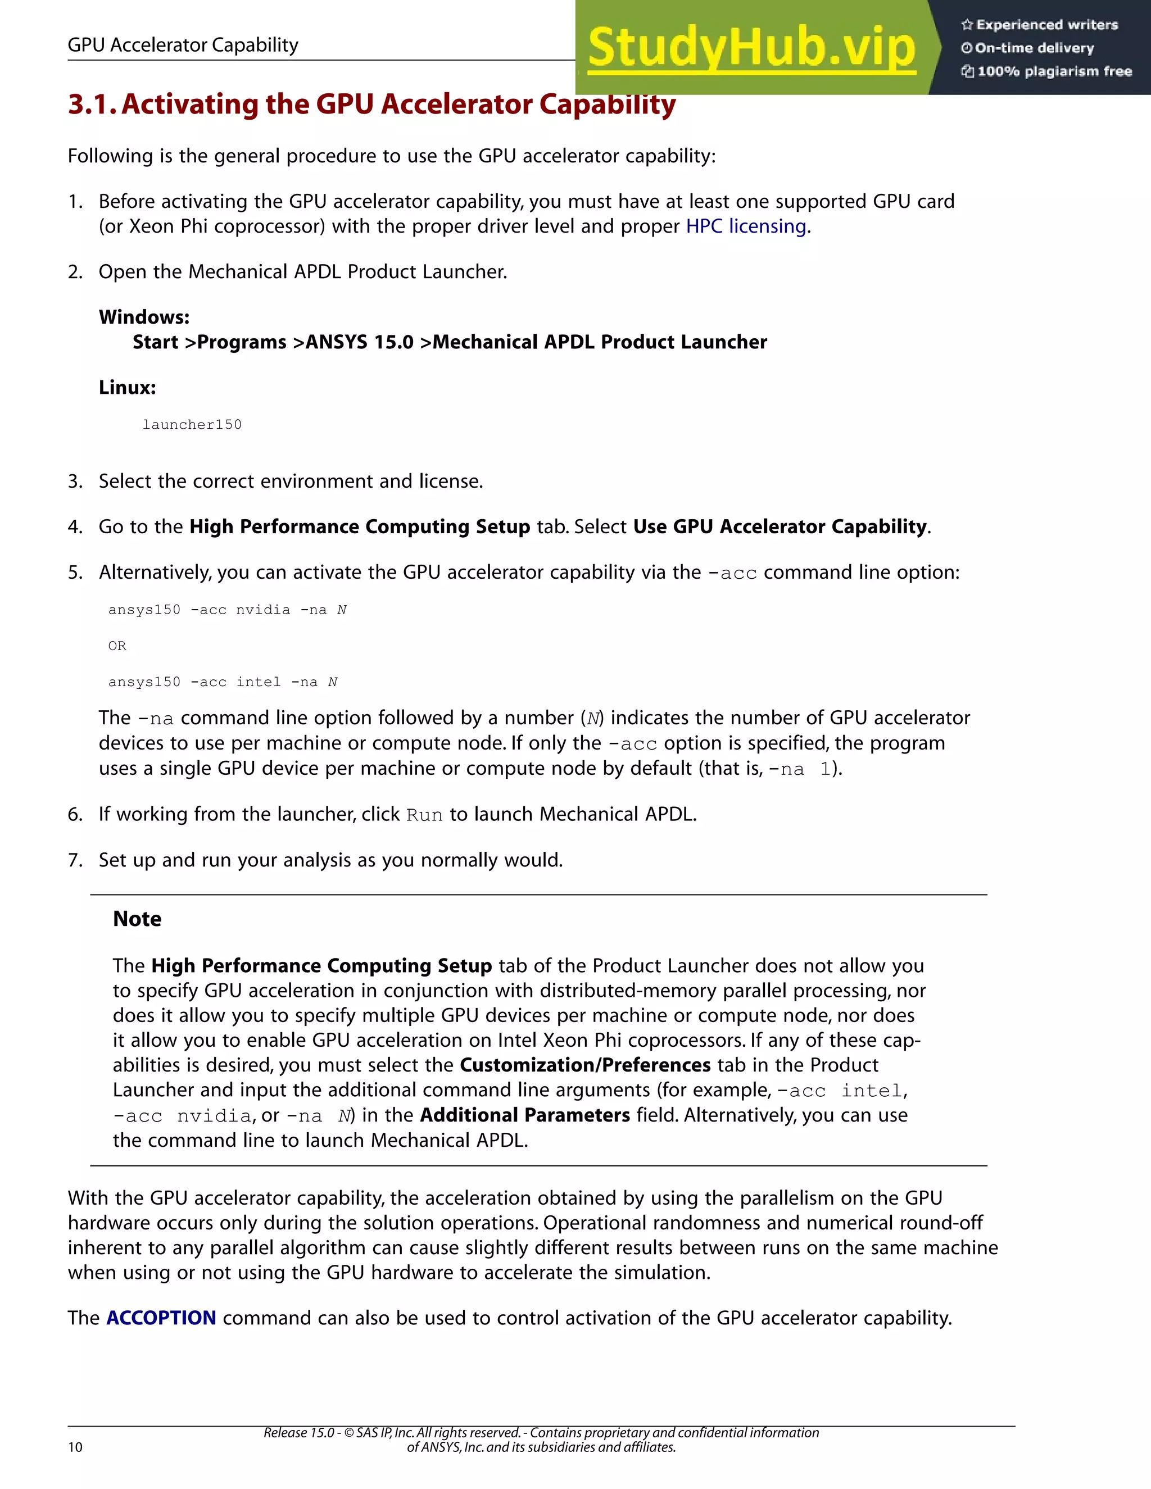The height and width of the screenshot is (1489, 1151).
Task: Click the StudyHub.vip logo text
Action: [751, 48]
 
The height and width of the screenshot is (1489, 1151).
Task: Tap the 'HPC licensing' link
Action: [746, 226]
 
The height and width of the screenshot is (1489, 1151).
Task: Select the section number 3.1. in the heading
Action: [93, 105]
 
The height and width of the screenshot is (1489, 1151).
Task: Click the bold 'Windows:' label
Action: [144, 317]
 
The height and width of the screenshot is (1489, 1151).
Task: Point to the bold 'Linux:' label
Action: [128, 387]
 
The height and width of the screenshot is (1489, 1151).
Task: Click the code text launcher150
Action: [192, 425]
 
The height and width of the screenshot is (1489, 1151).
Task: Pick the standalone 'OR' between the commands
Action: [116, 646]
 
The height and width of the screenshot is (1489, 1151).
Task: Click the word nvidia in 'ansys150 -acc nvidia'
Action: [262, 610]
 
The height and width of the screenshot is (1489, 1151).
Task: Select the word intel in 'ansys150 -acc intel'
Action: [259, 682]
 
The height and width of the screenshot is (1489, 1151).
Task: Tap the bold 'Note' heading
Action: [137, 919]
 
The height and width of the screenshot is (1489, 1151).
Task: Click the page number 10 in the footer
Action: [75, 1447]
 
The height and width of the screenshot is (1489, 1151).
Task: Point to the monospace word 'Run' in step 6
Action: [424, 815]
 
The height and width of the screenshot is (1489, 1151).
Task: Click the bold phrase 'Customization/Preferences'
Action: [585, 1065]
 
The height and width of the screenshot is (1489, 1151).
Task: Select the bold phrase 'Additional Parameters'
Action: [524, 1115]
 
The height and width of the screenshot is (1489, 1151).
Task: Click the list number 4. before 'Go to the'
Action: [75, 527]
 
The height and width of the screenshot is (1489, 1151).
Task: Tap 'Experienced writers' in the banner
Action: [1046, 25]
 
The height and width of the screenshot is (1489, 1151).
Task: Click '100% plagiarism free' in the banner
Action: [1054, 71]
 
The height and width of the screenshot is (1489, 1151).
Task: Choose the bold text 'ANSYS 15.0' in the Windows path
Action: [359, 342]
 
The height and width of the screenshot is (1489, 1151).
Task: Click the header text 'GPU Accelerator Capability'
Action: [183, 45]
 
